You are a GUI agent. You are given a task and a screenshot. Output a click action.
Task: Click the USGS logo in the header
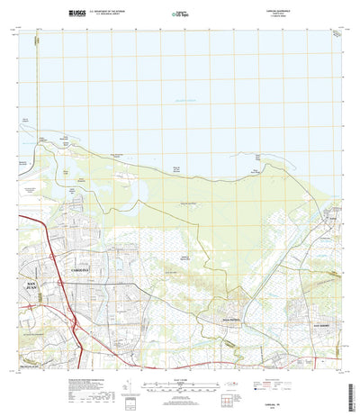76,14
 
